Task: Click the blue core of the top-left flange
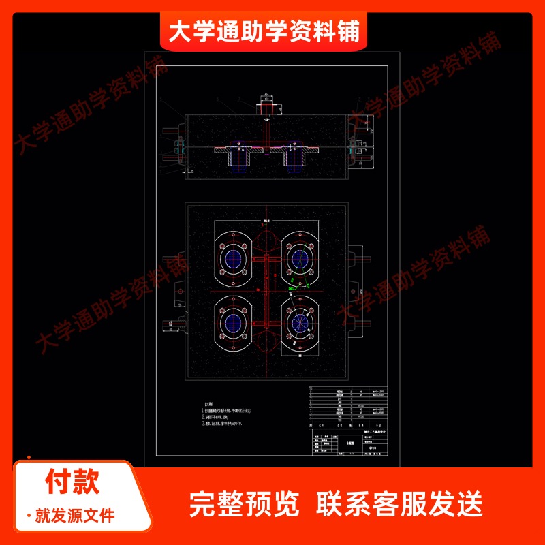(x=236, y=258)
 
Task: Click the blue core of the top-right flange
(x=299, y=258)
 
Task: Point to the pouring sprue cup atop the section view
(x=266, y=107)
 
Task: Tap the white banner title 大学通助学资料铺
(x=264, y=31)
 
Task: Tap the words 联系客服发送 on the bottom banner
(x=400, y=504)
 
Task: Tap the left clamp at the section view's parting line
(x=180, y=146)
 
